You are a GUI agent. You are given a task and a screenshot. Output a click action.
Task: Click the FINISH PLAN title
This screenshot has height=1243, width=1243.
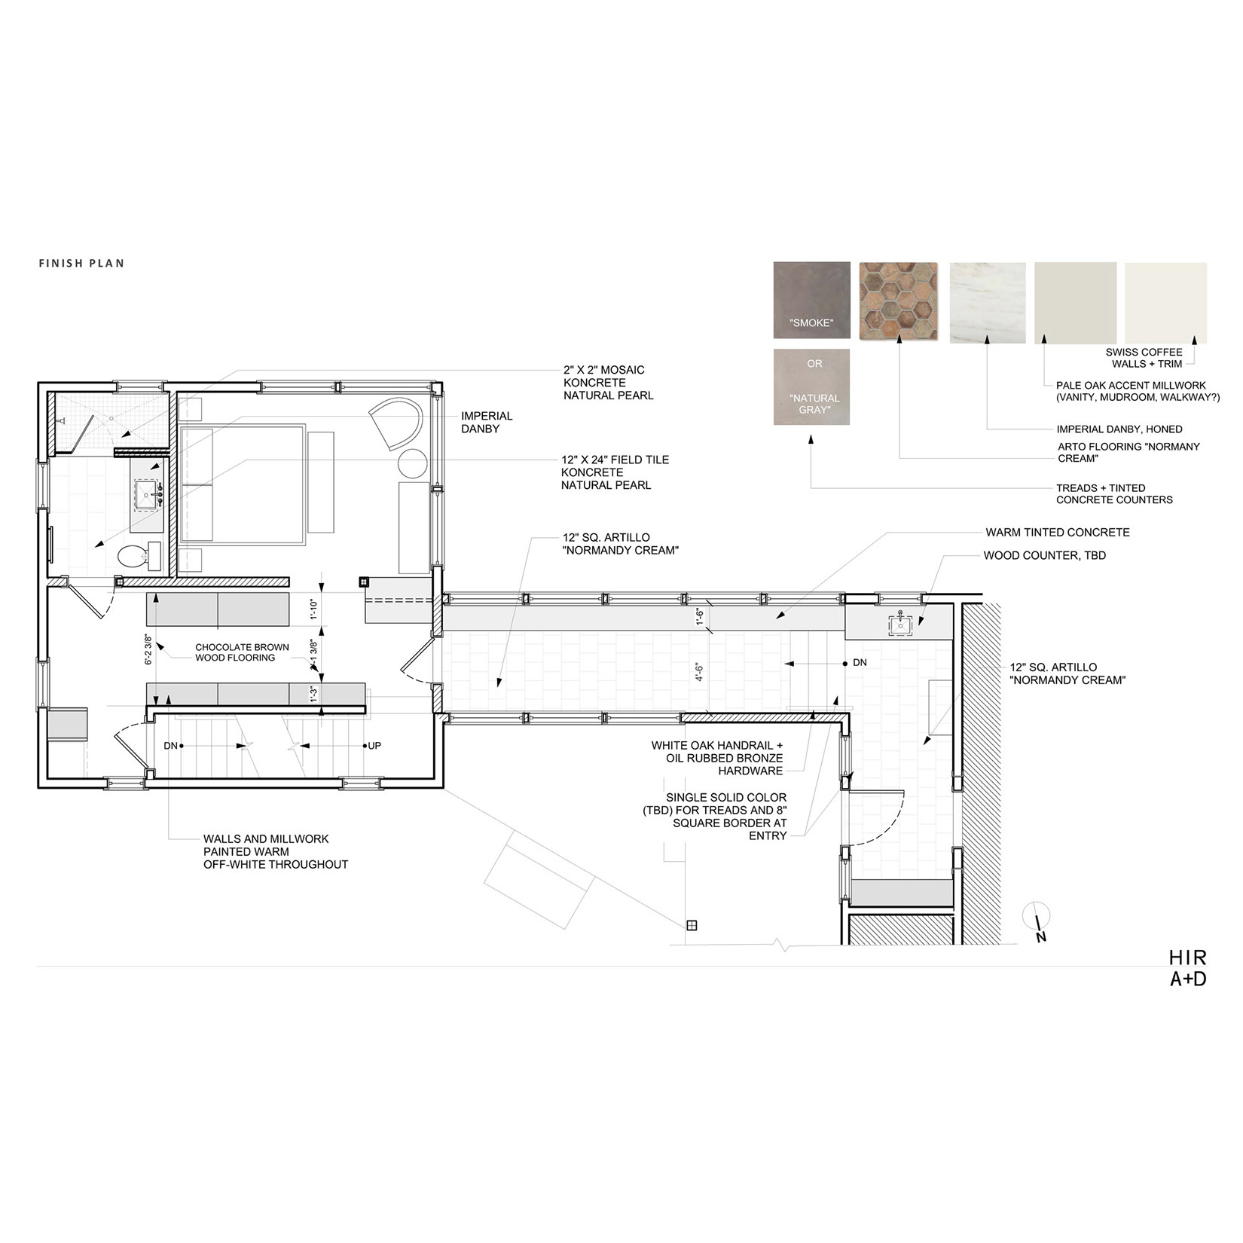[x=81, y=263]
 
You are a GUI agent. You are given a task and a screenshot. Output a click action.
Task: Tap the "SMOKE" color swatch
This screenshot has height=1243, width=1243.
[x=811, y=300]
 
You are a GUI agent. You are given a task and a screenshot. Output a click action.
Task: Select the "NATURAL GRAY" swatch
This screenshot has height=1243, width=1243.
[x=811, y=386]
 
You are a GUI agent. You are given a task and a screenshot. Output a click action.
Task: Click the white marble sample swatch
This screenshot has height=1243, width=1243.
[x=987, y=303]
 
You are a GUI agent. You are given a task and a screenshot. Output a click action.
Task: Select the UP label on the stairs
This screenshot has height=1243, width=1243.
[x=374, y=746]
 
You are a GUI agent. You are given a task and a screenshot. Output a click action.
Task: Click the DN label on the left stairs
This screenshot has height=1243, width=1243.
[x=171, y=746]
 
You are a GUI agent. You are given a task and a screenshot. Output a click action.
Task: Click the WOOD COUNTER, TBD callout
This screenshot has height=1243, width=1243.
[x=1044, y=556]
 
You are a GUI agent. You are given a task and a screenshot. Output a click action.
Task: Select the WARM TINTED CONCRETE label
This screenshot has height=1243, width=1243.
[x=1057, y=533]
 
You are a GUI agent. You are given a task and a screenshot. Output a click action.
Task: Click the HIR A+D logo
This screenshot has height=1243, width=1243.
[x=1187, y=968]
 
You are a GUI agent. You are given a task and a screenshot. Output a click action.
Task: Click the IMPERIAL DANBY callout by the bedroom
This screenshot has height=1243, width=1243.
[x=487, y=422]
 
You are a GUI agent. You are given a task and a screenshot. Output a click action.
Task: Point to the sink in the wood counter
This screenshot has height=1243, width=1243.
[x=901, y=625]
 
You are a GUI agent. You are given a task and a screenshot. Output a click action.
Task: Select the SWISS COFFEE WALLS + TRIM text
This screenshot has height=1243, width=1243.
[x=1144, y=358]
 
